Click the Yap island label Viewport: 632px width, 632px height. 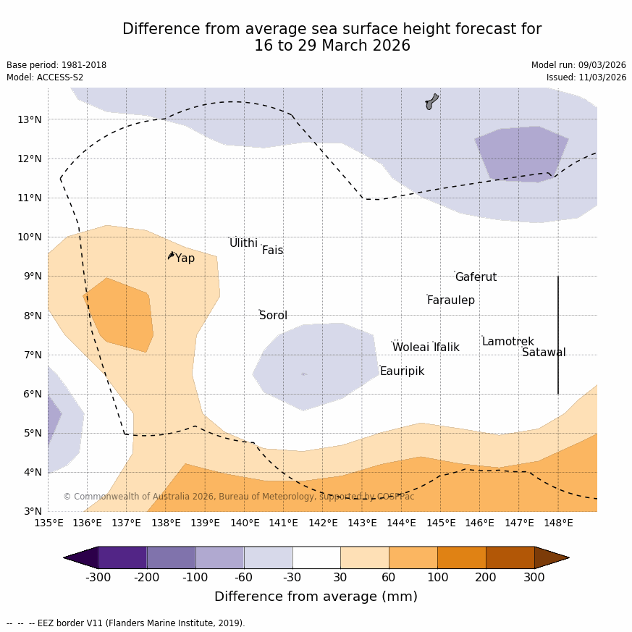(x=185, y=258)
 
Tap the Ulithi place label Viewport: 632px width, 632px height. (x=243, y=243)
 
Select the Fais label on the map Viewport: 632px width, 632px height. (x=272, y=250)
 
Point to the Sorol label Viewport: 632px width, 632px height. (x=273, y=316)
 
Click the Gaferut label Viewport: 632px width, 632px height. (x=476, y=277)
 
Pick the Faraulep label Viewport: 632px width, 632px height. (x=450, y=300)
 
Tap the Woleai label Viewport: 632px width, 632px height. (x=410, y=347)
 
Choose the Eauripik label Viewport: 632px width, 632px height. (x=402, y=371)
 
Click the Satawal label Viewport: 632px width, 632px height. (x=544, y=353)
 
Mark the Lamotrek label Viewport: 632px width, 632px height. (x=507, y=342)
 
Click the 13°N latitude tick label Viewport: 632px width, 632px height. (x=29, y=119)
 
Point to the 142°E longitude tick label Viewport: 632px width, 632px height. (x=323, y=523)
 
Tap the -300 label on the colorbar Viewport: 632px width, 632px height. (x=98, y=577)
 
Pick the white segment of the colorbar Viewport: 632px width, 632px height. (x=316, y=557)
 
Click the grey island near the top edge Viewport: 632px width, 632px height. (x=431, y=101)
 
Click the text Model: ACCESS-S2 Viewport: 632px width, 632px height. (x=45, y=77)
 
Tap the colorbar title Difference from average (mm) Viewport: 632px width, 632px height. (x=316, y=597)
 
